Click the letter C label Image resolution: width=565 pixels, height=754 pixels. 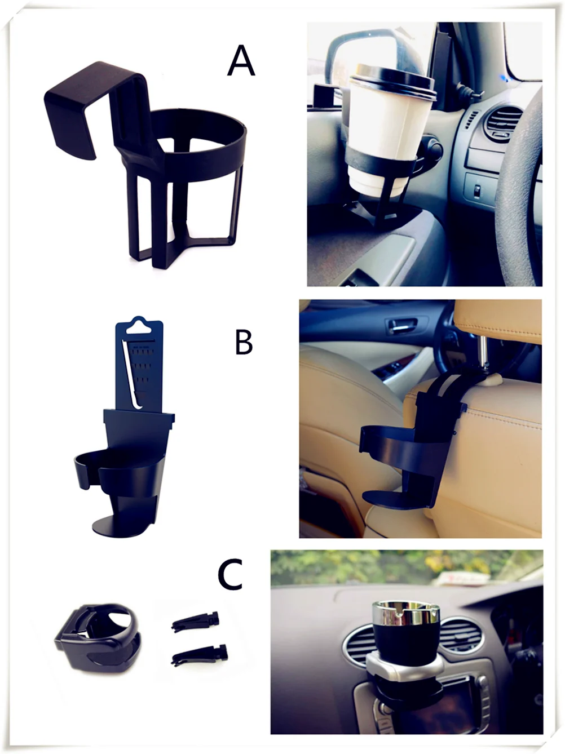231,574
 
